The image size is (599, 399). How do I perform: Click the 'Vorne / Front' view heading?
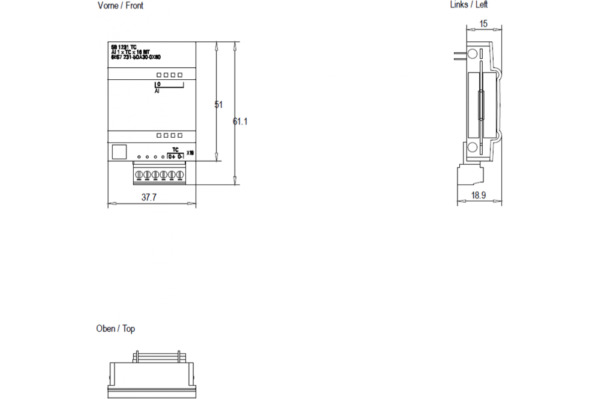click(x=120, y=6)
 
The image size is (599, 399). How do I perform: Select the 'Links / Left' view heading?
click(x=469, y=5)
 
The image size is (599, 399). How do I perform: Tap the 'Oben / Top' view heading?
click(x=115, y=329)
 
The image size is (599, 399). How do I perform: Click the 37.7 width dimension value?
click(x=149, y=198)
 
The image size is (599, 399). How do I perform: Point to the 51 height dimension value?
click(x=218, y=105)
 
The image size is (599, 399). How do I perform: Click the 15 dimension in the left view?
click(x=483, y=23)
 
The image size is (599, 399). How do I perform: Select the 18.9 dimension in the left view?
click(x=479, y=196)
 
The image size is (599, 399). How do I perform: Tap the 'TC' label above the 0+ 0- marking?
click(x=175, y=150)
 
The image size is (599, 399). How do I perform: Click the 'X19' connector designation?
click(x=190, y=153)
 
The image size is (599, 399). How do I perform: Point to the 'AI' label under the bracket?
click(x=157, y=92)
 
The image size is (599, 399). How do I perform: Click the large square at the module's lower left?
click(x=119, y=152)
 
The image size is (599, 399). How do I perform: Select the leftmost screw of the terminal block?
click(x=140, y=175)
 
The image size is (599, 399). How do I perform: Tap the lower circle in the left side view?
click(x=472, y=147)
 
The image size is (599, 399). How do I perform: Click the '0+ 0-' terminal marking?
click(x=175, y=157)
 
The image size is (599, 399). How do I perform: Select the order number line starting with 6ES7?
click(x=135, y=57)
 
